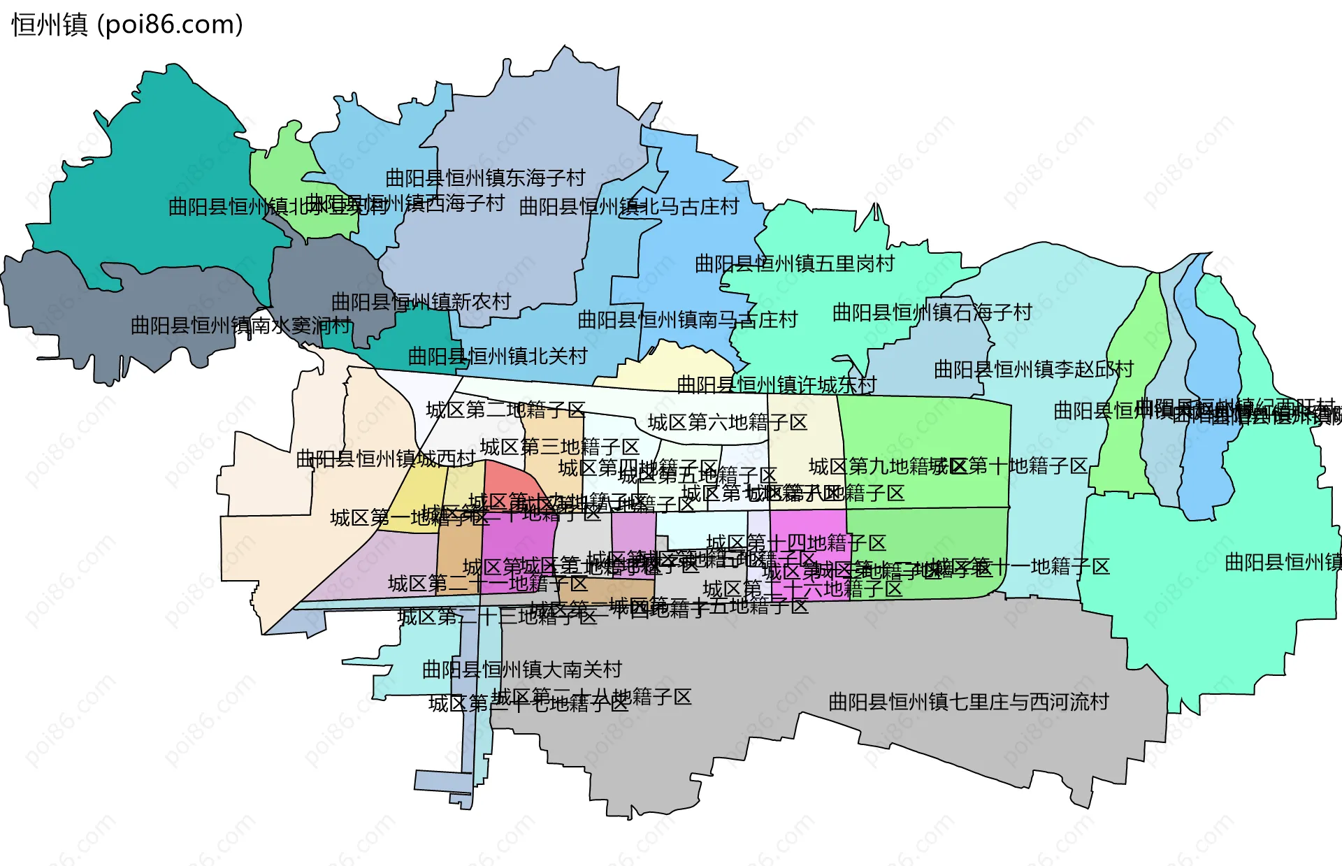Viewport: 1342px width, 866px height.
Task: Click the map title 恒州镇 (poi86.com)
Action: [127, 24]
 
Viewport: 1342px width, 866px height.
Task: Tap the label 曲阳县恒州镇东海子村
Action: [485, 178]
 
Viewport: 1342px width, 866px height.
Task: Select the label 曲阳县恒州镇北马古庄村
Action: [629, 207]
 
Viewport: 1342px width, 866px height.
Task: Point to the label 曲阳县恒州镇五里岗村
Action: [795, 264]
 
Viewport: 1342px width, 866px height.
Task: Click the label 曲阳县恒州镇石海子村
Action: [932, 312]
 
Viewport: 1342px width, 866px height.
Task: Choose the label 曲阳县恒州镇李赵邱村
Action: [1033, 369]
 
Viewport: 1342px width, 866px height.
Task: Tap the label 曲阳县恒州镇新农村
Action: [421, 302]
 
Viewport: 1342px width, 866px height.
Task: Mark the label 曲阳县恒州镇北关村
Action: [498, 356]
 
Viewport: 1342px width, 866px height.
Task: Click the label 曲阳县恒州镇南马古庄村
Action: [688, 320]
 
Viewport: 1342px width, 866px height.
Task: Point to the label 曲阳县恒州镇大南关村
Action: [521, 670]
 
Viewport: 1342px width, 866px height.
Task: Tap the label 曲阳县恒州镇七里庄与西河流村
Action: [968, 702]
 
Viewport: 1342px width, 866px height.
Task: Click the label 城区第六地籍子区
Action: [728, 422]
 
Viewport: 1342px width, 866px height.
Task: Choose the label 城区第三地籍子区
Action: [560, 447]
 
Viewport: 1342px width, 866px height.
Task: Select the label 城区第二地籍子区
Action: [505, 410]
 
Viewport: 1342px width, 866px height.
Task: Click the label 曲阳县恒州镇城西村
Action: [385, 459]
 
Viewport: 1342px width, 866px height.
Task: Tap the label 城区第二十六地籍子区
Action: [802, 589]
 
